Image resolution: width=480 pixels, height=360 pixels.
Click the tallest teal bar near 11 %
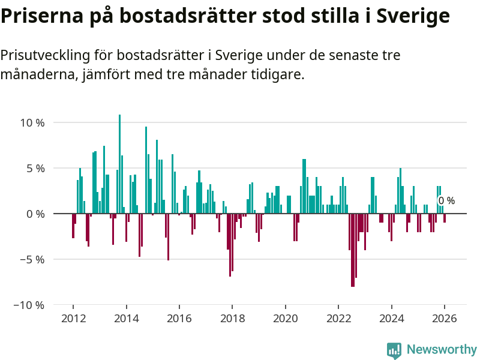[x=120, y=162]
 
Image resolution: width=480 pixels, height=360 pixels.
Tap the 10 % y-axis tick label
[x=33, y=122]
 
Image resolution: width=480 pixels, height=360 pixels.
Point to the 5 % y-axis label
[x=35, y=168]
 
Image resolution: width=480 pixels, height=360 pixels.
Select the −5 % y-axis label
[x=32, y=259]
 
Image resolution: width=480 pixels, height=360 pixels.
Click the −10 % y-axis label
[x=30, y=305]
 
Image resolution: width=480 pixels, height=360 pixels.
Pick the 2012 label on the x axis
[x=73, y=318]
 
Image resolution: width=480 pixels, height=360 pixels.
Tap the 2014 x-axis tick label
[x=126, y=318]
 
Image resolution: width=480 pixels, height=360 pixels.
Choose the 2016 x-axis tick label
[x=179, y=318]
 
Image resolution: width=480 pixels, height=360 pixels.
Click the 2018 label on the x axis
[x=232, y=318]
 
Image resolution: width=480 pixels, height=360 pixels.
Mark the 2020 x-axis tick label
[x=286, y=318]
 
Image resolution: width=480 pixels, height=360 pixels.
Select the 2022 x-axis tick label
[x=338, y=318]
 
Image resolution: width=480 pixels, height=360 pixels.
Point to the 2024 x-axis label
[x=392, y=318]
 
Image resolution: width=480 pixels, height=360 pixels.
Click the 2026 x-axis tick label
[x=445, y=318]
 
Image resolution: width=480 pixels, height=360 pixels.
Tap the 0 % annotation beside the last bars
[x=446, y=201]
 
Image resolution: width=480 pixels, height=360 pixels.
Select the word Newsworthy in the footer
[x=442, y=349]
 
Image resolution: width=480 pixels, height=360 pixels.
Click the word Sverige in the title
[x=413, y=17]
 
